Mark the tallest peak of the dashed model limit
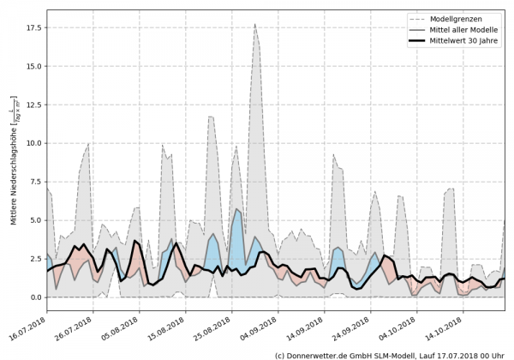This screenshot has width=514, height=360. click(255, 25)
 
